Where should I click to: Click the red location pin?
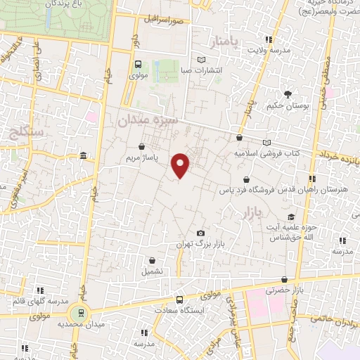point(181,165)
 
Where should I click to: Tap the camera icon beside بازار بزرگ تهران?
point(201,233)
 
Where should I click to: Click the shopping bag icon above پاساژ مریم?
point(143,146)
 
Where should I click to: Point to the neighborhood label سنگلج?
point(27,131)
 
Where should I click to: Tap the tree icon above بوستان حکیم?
point(288,94)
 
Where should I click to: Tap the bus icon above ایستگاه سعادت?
point(179,298)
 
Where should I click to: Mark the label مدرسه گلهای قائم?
point(40,301)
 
